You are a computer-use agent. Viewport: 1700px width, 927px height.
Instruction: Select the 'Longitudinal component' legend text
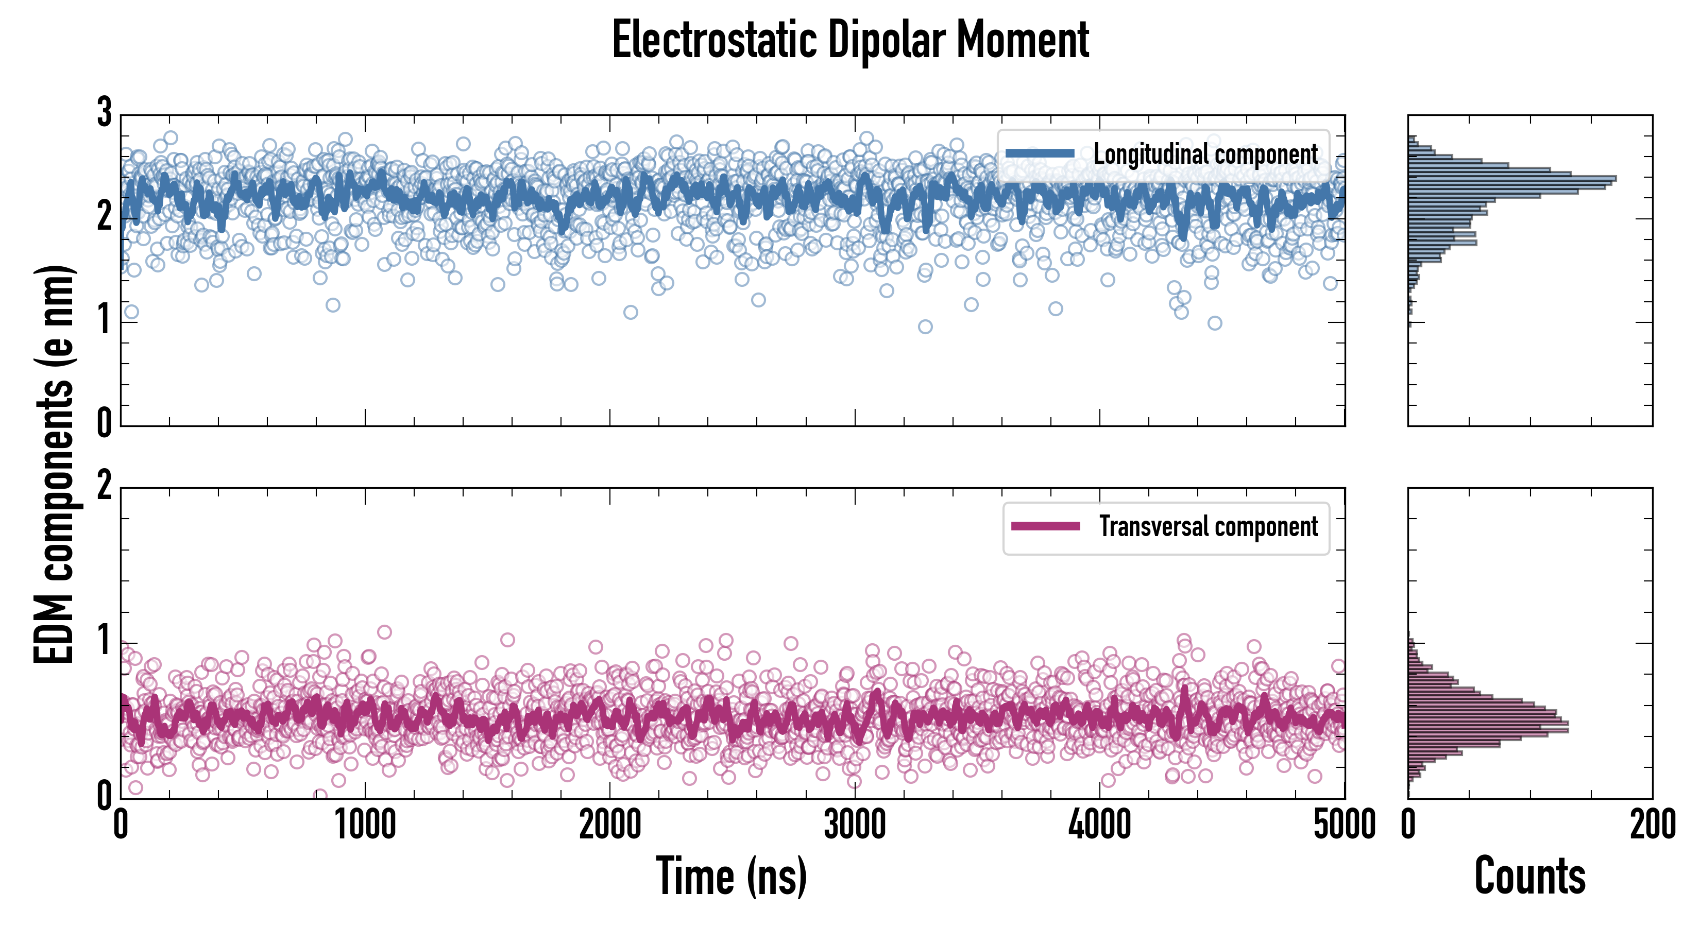pos(1205,154)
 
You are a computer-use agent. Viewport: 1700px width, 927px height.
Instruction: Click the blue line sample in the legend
pos(1040,154)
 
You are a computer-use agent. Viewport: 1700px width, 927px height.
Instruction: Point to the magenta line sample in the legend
pos(1045,526)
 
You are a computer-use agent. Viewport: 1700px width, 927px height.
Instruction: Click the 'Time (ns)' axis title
pos(731,876)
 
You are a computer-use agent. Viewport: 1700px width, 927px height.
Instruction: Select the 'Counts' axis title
pos(1529,876)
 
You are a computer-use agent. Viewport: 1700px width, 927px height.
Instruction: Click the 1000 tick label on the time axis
pos(365,825)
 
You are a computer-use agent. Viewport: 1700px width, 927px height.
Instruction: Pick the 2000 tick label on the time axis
pos(610,825)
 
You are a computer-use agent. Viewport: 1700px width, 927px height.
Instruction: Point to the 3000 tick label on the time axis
pos(855,825)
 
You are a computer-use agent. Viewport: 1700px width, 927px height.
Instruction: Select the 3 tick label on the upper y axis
pos(104,113)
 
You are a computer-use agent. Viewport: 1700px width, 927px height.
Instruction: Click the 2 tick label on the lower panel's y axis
pos(104,486)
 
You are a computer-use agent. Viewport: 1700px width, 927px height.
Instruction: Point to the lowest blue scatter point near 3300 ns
pos(925,327)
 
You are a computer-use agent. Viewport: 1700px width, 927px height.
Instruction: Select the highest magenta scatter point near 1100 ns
pos(384,632)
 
